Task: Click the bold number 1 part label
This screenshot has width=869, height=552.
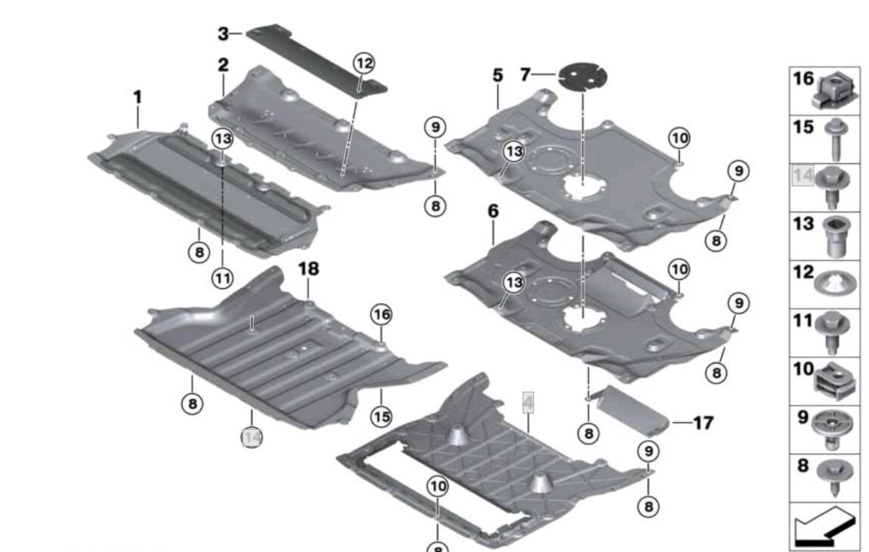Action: pyautogui.click(x=138, y=98)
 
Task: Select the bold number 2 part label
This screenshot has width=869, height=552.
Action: pyautogui.click(x=224, y=65)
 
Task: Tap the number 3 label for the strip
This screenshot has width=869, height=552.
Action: pyautogui.click(x=224, y=33)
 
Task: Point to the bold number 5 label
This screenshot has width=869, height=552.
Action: pyautogui.click(x=497, y=76)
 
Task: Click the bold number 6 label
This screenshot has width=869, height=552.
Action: pyautogui.click(x=493, y=211)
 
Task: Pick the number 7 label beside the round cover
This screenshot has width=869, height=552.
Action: pyautogui.click(x=526, y=74)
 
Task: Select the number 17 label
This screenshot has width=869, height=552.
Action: pyautogui.click(x=703, y=423)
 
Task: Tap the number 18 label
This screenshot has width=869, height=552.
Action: pyautogui.click(x=309, y=268)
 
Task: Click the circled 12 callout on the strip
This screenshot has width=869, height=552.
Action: pyautogui.click(x=364, y=64)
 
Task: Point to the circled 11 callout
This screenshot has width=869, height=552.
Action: pyautogui.click(x=223, y=279)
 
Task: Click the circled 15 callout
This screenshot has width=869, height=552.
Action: pyautogui.click(x=382, y=415)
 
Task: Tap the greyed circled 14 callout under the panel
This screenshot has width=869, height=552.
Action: pyautogui.click(x=252, y=437)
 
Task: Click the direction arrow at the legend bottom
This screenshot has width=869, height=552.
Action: pyautogui.click(x=824, y=526)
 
